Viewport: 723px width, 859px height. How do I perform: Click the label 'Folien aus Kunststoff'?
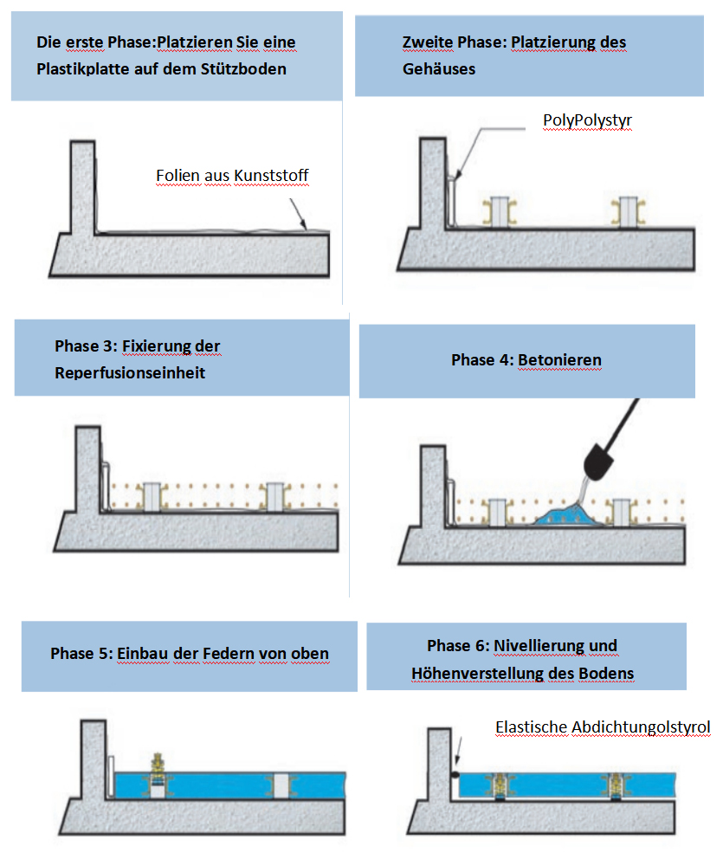pos(232,176)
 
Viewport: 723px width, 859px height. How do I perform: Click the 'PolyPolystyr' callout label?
pos(588,119)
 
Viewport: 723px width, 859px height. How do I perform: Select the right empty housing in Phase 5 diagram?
pos(281,784)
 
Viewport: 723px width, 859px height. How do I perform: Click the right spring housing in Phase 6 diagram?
pos(616,784)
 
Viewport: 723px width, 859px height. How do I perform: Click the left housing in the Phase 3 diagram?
pos(152,496)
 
